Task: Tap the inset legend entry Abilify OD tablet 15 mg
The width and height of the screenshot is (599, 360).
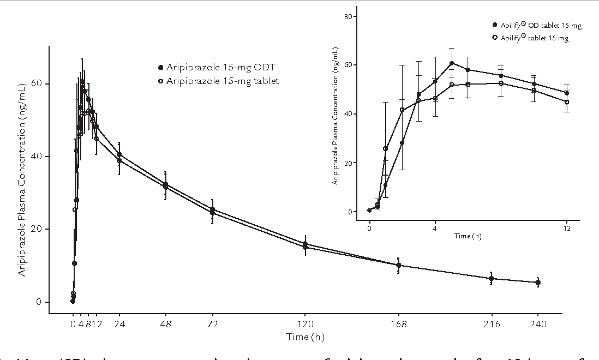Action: point(532,25)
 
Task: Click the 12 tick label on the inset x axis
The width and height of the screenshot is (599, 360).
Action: point(567,228)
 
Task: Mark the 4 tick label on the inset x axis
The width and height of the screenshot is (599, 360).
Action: point(435,228)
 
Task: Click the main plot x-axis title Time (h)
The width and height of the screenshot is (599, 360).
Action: point(305,337)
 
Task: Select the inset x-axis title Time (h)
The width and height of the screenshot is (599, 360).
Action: point(468,236)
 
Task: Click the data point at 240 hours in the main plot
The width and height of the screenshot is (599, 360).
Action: point(538,283)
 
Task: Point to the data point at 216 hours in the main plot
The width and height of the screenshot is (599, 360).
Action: point(492,279)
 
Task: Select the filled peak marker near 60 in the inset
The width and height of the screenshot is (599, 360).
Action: point(452,63)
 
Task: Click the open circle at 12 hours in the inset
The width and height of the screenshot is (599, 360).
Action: point(567,102)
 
